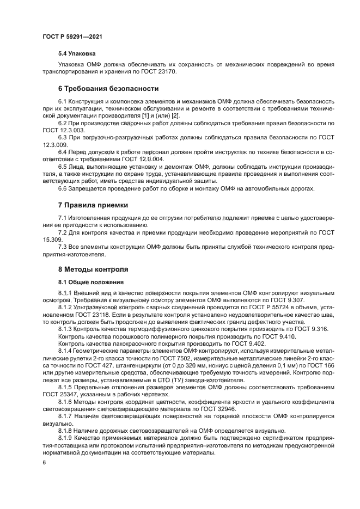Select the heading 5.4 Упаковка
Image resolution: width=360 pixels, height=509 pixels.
coord(77,54)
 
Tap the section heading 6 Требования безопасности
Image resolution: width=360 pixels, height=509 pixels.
coord(108,89)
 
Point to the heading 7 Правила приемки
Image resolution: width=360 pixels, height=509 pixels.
coord(93,205)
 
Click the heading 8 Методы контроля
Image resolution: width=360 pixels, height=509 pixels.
coord(93,269)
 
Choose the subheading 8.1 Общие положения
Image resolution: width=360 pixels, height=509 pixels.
coord(90,282)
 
